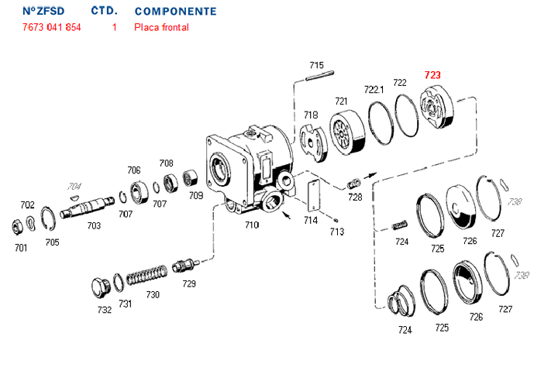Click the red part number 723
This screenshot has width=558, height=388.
[432, 75]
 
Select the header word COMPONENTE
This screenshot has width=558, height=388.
[175, 12]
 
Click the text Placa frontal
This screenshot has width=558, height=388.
[161, 27]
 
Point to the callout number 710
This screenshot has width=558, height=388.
[251, 225]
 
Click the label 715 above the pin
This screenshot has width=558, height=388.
[316, 64]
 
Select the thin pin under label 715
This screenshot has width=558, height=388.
[319, 76]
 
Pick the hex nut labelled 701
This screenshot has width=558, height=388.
[18, 227]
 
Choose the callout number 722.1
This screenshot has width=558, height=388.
[374, 90]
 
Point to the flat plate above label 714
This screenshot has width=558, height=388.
[314, 195]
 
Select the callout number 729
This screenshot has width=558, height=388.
[189, 283]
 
